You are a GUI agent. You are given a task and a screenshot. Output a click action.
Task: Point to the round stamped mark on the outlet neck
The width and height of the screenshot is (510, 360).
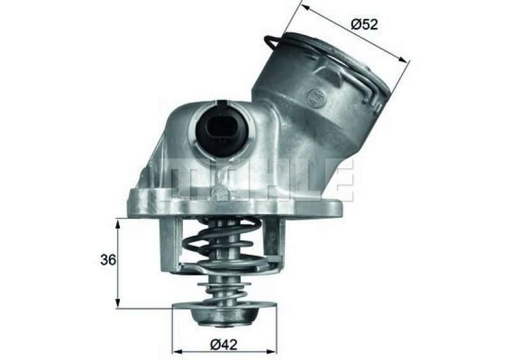(314, 97)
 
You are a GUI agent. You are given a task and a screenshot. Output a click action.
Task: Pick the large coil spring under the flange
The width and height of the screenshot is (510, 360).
(223, 245)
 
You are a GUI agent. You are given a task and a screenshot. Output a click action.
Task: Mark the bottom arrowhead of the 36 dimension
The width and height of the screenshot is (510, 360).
(118, 305)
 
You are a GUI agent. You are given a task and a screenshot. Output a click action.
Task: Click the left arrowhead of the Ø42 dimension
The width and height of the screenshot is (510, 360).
(177, 351)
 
